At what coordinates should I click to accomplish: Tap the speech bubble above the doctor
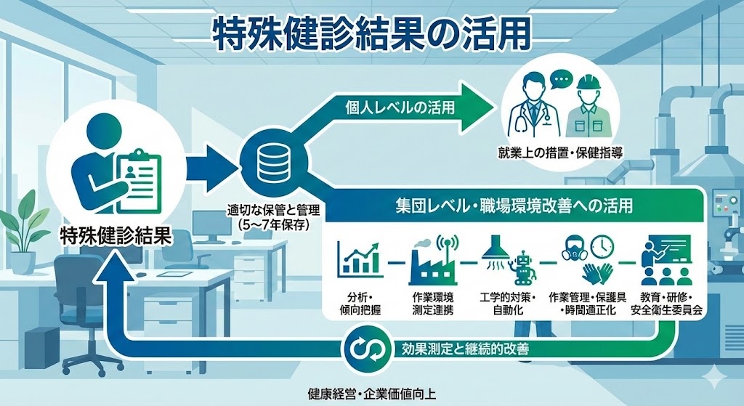[559, 78]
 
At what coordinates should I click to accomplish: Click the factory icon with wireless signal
[432, 259]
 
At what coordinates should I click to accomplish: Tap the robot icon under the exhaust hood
[522, 267]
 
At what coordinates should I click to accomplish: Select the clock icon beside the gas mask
[602, 247]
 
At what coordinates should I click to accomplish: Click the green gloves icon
[597, 273]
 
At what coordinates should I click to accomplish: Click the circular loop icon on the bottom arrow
[361, 348]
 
